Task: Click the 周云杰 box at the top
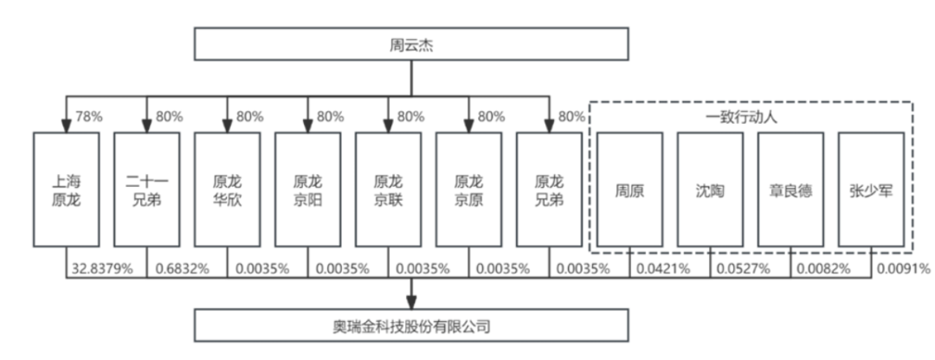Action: (x=410, y=45)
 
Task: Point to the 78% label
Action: (x=90, y=117)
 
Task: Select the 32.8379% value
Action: (x=103, y=269)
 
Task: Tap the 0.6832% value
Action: (x=183, y=269)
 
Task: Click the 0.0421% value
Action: (x=663, y=269)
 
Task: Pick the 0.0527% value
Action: (x=744, y=269)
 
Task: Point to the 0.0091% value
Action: (x=904, y=269)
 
